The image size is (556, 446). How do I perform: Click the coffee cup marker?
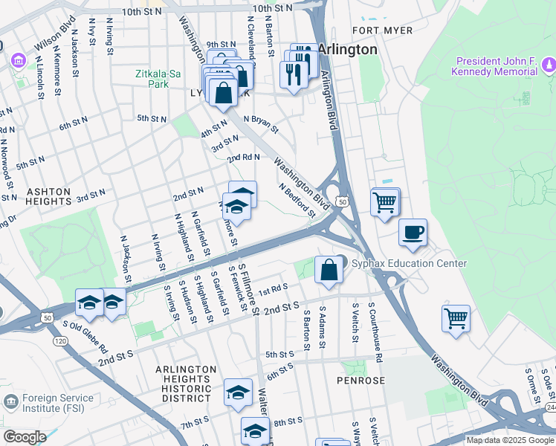pos(413,232)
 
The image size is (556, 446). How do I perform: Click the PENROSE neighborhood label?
pos(360,381)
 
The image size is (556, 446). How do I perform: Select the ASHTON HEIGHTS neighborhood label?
pos(48,192)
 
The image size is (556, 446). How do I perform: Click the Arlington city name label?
pos(348,49)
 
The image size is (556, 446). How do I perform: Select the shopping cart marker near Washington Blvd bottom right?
pos(456,317)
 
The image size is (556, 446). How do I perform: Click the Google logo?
pos(25,437)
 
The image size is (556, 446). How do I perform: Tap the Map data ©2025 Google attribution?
pos(509,440)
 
